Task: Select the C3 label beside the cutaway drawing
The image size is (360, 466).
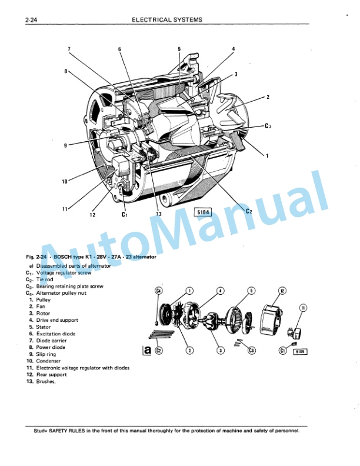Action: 268,126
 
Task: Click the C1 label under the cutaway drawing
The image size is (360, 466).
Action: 124,215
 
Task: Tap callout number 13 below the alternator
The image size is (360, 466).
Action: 158,214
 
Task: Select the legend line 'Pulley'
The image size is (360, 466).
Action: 44,299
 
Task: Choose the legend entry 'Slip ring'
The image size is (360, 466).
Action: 47,354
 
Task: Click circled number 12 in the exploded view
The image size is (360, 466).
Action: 282,291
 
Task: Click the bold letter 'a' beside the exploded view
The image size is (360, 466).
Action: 147,351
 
